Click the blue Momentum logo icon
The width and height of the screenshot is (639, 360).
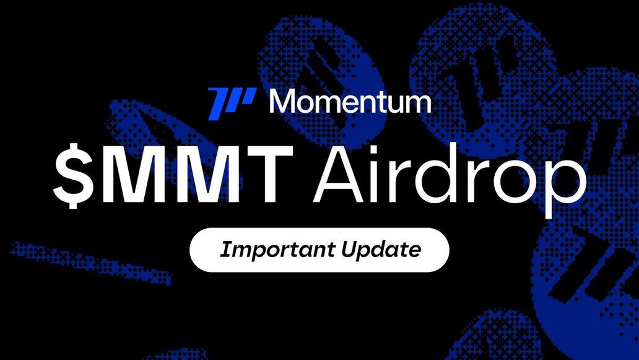(232, 103)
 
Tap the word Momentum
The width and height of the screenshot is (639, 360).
(350, 101)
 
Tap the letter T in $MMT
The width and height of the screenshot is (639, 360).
(269, 174)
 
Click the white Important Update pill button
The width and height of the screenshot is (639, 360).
(319, 250)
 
